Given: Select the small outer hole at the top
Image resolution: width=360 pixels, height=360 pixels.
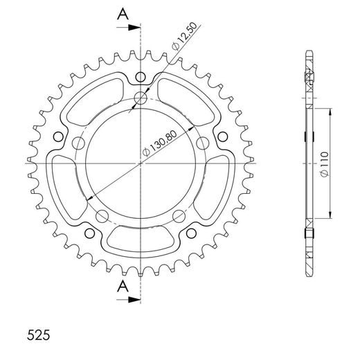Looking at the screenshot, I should tap(141, 76).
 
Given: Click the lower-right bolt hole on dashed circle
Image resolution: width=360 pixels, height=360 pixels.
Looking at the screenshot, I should tap(178, 214).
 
